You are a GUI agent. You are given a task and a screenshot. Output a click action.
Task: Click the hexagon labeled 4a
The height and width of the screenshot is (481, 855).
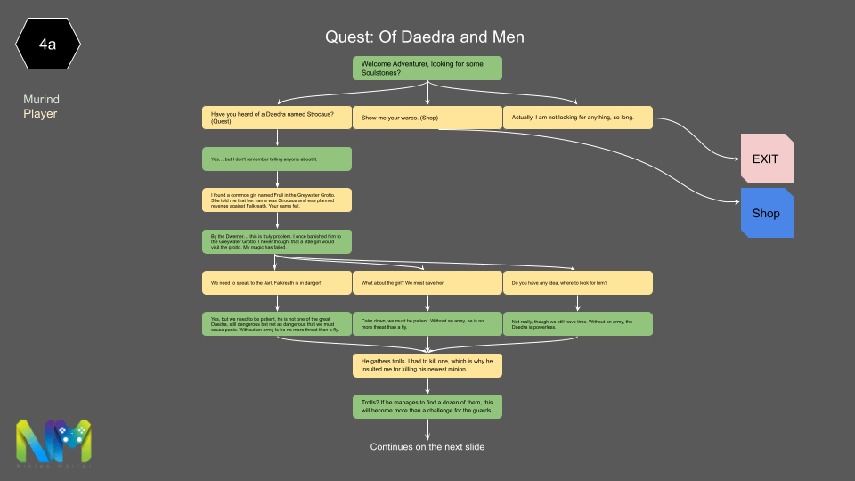point(48,43)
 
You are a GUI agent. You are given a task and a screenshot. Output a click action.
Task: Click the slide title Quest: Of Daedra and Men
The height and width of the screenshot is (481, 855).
point(424,37)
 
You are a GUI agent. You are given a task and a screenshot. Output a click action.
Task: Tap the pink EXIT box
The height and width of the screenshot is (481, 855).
point(766,159)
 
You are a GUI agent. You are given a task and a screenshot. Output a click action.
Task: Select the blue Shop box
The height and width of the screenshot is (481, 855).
point(766,213)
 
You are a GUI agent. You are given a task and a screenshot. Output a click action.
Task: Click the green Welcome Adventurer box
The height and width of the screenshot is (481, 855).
point(427,68)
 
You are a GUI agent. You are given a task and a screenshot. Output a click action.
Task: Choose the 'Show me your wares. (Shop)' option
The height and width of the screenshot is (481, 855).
point(427,118)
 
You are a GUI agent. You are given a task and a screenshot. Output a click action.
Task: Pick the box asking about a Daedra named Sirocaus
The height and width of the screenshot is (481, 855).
point(277,118)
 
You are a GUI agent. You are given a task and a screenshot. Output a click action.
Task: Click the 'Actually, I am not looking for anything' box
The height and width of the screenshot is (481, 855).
point(577,118)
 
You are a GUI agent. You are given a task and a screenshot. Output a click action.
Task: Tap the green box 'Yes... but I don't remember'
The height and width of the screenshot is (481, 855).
point(277,159)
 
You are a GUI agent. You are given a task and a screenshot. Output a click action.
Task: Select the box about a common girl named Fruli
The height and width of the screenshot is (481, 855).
point(277,200)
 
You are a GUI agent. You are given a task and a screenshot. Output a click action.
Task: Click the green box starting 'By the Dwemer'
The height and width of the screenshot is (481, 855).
point(277,241)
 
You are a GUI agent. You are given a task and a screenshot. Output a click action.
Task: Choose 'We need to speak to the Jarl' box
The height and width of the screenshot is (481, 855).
point(277,282)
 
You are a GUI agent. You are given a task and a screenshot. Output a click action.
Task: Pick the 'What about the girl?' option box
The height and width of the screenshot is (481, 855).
point(427,282)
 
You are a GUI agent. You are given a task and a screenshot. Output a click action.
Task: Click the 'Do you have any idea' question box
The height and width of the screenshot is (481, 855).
point(577,282)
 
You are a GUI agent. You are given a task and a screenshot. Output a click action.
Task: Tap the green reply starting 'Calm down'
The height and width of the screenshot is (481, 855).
point(427,323)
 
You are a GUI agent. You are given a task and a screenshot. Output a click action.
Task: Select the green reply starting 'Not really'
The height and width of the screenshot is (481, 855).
point(577,323)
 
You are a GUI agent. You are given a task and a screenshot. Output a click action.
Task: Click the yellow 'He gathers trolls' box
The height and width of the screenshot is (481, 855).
point(427,365)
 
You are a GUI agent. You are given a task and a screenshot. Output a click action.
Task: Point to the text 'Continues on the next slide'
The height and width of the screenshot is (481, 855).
point(427,446)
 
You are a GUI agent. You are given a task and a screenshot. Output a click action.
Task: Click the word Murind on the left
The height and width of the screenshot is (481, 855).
point(41,99)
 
